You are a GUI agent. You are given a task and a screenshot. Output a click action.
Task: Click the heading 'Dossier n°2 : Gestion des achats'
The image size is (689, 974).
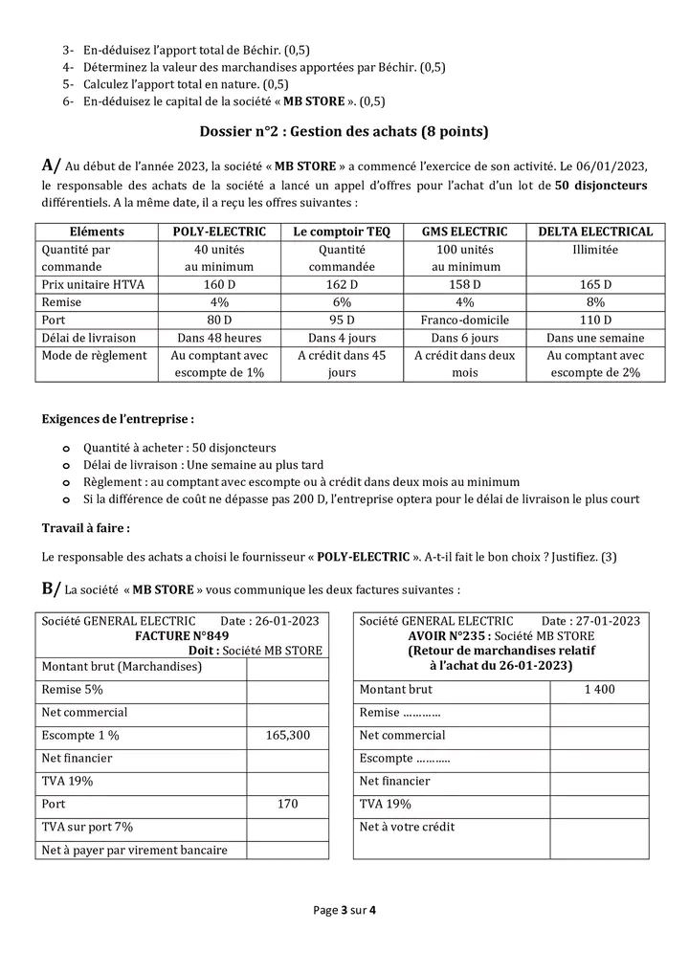(x=344, y=131)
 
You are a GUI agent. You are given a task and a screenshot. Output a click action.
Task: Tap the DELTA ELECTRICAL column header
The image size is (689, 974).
(x=595, y=232)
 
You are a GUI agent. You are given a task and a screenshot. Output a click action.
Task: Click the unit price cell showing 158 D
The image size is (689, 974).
(x=464, y=285)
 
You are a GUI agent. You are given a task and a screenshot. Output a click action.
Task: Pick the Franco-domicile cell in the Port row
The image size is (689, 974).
(x=464, y=320)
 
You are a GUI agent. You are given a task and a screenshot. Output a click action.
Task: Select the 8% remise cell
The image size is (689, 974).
(x=595, y=302)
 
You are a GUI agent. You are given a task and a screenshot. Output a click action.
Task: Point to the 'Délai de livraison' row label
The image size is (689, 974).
(x=89, y=338)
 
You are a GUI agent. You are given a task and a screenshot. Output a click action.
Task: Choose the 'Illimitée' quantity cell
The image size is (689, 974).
(x=595, y=249)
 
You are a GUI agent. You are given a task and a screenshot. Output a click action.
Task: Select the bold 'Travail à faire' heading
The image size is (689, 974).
(x=86, y=528)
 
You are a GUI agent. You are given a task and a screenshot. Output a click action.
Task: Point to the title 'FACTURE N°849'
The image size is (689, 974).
(x=181, y=635)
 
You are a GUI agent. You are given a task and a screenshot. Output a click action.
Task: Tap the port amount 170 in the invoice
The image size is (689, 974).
(x=287, y=804)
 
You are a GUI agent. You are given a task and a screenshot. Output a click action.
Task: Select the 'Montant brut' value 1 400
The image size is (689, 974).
(x=600, y=689)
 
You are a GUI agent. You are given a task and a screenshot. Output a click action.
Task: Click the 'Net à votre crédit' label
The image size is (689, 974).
(x=407, y=827)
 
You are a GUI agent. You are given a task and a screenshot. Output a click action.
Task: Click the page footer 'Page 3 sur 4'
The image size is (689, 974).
(x=344, y=910)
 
